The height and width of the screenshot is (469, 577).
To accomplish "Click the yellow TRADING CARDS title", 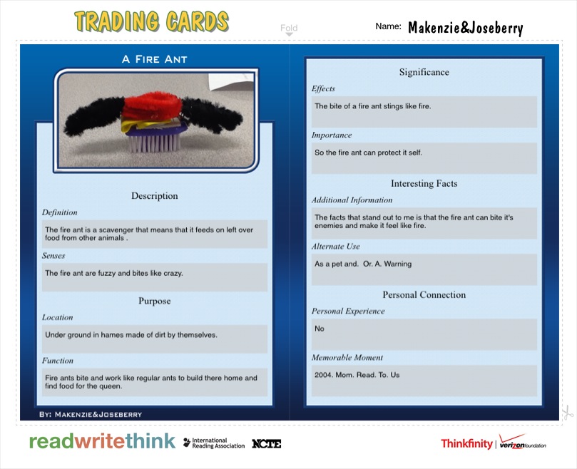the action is (x=151, y=21).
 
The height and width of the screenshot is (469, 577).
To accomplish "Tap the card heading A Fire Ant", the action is (x=155, y=59).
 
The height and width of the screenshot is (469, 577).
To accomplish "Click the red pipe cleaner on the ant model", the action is (x=152, y=105).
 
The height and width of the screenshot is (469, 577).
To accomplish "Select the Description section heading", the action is (x=155, y=196).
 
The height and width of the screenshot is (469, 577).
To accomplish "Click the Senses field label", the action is (x=53, y=256).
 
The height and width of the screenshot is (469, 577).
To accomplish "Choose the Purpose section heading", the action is (x=155, y=301).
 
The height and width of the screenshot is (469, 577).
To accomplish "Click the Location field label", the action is (x=57, y=317).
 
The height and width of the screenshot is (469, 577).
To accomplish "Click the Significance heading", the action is (x=424, y=72).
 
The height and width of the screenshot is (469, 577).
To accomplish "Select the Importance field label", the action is (x=332, y=135).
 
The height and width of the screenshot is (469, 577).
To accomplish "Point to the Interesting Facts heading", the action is (x=424, y=184).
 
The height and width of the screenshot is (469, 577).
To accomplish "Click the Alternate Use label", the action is (x=336, y=247).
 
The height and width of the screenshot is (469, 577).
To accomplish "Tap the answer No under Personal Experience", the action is (x=320, y=329).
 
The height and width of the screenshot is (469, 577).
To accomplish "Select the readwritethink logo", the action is (x=102, y=441).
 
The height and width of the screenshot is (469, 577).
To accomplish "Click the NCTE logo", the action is (x=267, y=444).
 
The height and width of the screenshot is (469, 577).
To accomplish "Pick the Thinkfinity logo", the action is (x=466, y=443).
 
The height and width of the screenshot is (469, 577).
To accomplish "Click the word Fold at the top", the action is (x=289, y=28).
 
